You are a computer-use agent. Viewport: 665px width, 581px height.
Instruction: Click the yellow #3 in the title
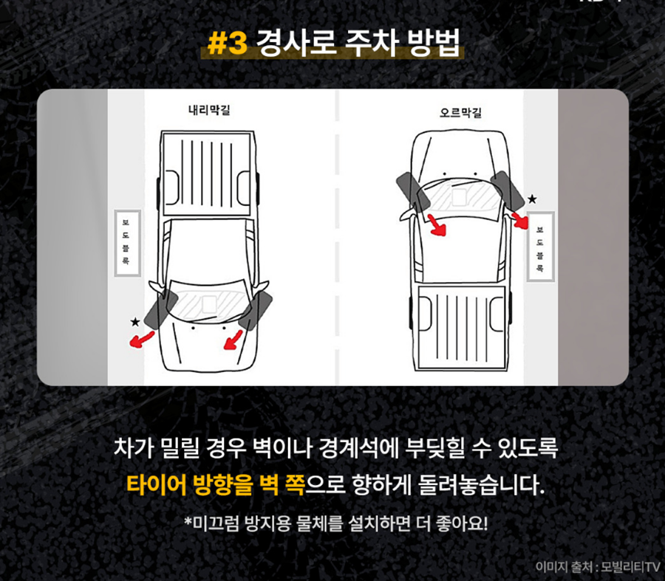click(x=228, y=44)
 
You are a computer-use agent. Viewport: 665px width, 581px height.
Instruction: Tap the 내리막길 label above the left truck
click(x=209, y=110)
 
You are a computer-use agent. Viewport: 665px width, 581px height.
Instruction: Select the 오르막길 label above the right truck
click(x=460, y=113)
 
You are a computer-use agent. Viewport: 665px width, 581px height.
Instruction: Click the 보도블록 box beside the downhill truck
click(x=127, y=243)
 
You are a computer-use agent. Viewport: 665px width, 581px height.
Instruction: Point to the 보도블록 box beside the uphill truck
click(x=540, y=247)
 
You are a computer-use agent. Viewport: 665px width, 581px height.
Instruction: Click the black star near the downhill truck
click(x=135, y=322)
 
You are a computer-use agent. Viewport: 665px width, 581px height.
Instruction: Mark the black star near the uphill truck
click(x=532, y=199)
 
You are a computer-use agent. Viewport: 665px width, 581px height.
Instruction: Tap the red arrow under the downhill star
click(x=141, y=340)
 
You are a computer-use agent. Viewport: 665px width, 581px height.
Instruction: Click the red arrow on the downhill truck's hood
click(x=233, y=341)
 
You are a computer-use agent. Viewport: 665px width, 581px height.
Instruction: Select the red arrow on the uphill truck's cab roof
click(x=437, y=225)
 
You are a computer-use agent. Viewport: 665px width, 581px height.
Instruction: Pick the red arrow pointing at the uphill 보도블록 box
click(x=520, y=220)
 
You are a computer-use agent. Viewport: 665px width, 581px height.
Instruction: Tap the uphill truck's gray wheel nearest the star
click(x=508, y=190)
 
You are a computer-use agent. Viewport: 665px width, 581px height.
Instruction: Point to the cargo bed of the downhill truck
click(x=207, y=173)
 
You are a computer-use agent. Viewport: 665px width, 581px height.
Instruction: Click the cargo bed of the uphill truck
click(x=461, y=327)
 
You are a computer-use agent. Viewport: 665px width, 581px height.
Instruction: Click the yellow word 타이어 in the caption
click(x=157, y=485)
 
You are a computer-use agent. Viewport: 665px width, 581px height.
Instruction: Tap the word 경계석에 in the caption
click(x=359, y=448)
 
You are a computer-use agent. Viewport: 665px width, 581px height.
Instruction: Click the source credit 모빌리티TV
click(x=631, y=566)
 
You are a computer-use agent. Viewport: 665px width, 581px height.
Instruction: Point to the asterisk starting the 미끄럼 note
click(x=188, y=520)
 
